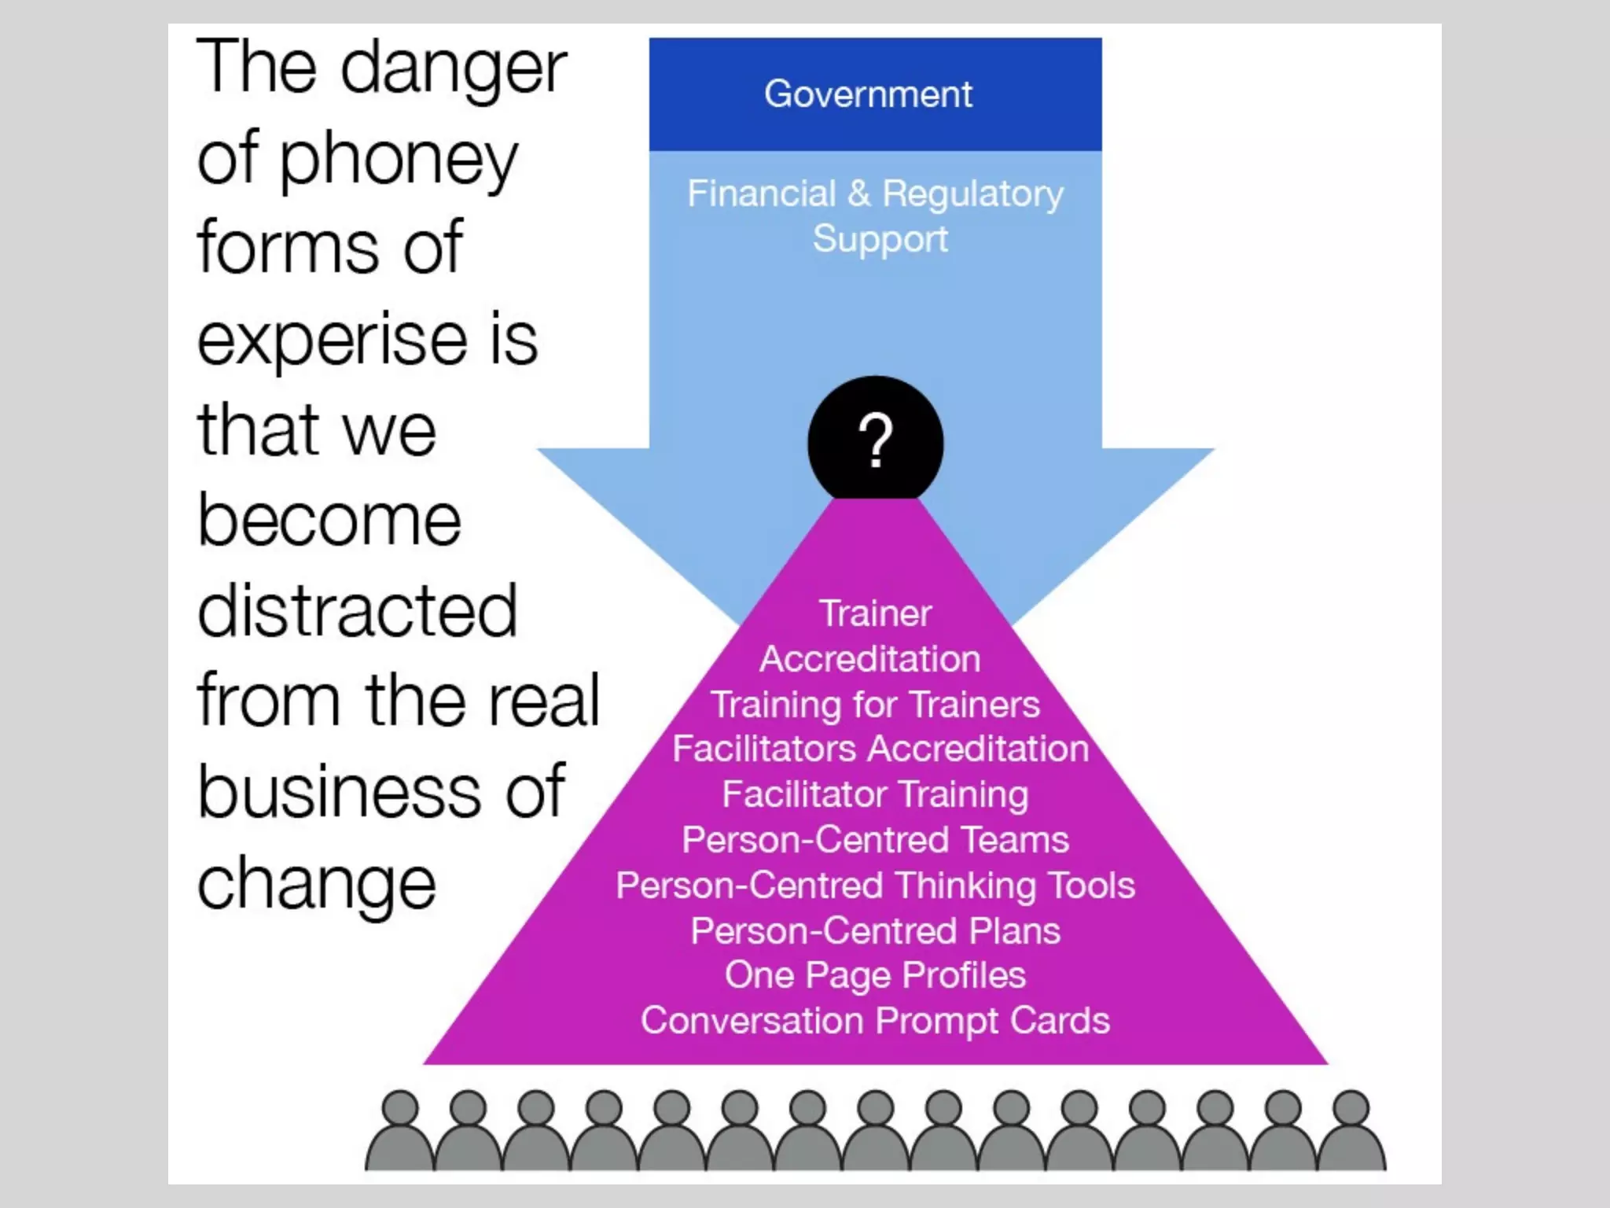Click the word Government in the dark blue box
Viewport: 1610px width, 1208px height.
(x=868, y=94)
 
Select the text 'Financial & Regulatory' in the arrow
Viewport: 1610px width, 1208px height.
(x=875, y=193)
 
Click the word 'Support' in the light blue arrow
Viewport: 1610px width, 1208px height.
(x=880, y=239)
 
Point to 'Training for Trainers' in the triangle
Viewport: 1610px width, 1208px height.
(x=875, y=704)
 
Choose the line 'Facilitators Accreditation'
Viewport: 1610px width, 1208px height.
(x=880, y=749)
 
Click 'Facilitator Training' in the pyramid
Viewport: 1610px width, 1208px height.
(x=875, y=794)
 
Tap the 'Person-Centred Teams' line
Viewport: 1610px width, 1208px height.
(x=875, y=840)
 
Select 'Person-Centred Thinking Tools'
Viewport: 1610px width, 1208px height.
(x=875, y=886)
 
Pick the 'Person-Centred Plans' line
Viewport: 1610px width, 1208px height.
(x=875, y=931)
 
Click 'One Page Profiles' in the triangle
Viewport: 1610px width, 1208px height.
(x=875, y=975)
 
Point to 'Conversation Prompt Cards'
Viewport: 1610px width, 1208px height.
(x=875, y=1021)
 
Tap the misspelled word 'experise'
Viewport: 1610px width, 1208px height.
(x=332, y=340)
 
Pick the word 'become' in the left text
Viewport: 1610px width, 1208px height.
(x=329, y=521)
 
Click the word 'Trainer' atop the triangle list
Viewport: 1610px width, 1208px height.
(x=875, y=613)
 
